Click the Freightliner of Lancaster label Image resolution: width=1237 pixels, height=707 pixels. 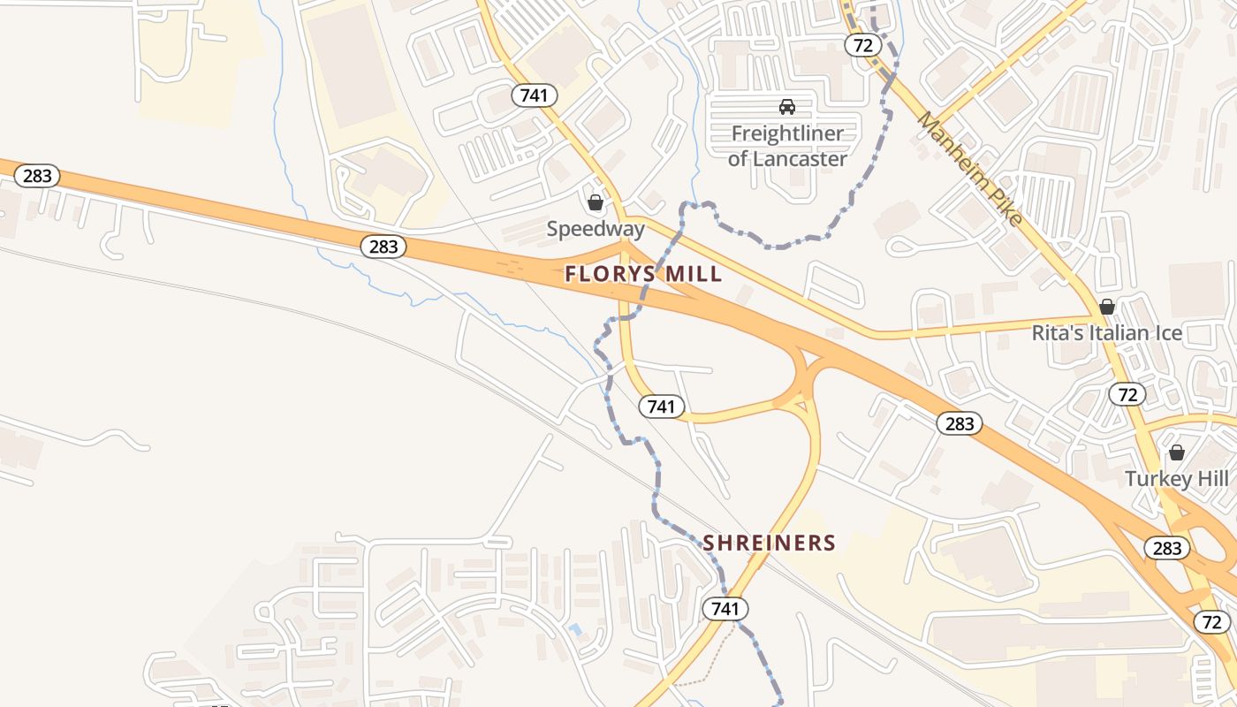tap(787, 147)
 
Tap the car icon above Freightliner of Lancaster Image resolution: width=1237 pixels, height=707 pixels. tap(786, 107)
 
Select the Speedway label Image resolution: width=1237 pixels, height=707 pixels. tap(596, 229)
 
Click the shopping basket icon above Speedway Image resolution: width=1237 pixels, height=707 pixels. tap(596, 202)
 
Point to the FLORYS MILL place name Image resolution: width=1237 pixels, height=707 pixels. tap(643, 274)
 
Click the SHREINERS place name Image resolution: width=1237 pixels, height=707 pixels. tap(769, 543)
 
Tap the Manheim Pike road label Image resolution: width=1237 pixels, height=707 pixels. tap(969, 168)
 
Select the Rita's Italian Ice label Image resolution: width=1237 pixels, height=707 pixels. tap(1107, 334)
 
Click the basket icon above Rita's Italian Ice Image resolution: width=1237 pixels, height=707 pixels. tap(1106, 307)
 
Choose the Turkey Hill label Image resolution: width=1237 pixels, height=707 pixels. tap(1176, 479)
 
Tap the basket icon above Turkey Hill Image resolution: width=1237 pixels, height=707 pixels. tap(1176, 452)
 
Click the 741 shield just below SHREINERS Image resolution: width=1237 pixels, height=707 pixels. tap(725, 608)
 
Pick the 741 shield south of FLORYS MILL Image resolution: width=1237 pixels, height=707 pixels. tap(661, 406)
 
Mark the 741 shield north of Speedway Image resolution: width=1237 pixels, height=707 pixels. tap(535, 95)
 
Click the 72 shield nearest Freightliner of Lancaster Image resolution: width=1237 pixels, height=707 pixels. tap(862, 45)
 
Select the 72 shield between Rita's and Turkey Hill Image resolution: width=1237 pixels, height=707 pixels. tap(1127, 394)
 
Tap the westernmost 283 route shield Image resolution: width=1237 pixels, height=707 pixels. tap(37, 175)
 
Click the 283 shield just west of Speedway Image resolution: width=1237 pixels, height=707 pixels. tap(383, 247)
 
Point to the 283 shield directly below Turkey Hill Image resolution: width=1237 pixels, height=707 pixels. tap(1166, 548)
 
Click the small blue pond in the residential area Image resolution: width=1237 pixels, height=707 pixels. tap(576, 630)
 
